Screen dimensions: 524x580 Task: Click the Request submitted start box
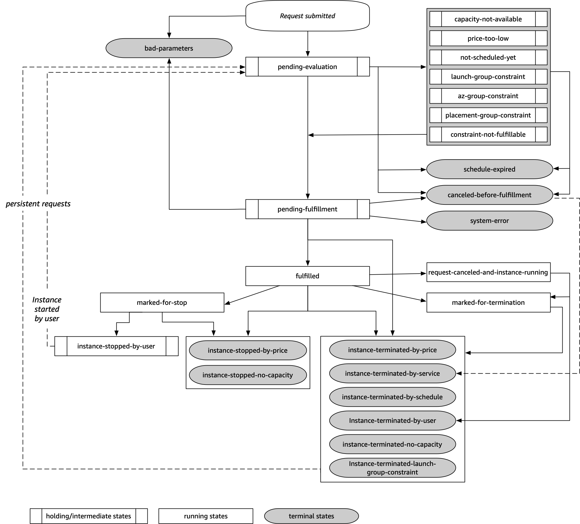pyautogui.click(x=307, y=16)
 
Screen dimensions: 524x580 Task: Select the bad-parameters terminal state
pyautogui.click(x=169, y=48)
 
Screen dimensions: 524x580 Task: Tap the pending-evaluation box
pyautogui.click(x=307, y=67)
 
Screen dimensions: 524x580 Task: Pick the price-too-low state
pyautogui.click(x=488, y=38)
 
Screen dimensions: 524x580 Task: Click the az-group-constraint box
pyautogui.click(x=488, y=96)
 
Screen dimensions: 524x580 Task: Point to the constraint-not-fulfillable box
pyautogui.click(x=488, y=134)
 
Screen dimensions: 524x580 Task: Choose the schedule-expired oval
pyautogui.click(x=489, y=169)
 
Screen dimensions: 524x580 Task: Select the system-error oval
pyautogui.click(x=489, y=221)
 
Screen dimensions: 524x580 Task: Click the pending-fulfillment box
pyautogui.click(x=307, y=209)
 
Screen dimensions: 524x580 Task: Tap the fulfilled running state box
pyautogui.click(x=307, y=276)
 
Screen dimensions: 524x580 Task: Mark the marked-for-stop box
pyautogui.click(x=162, y=302)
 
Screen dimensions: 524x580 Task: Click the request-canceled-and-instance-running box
pyautogui.click(x=488, y=272)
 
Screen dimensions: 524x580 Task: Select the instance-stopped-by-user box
pyautogui.click(x=116, y=346)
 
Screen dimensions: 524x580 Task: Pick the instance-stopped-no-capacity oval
pyautogui.click(x=248, y=375)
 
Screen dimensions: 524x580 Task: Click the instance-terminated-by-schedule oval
pyautogui.click(x=392, y=397)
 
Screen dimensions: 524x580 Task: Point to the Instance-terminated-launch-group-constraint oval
pyautogui.click(x=392, y=468)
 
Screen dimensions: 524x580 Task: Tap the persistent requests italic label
pyautogui.click(x=38, y=204)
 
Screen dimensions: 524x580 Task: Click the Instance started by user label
pyautogui.click(x=47, y=309)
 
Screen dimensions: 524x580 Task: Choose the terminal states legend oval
pyautogui.click(x=311, y=516)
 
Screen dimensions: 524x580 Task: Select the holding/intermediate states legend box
pyautogui.click(x=89, y=516)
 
